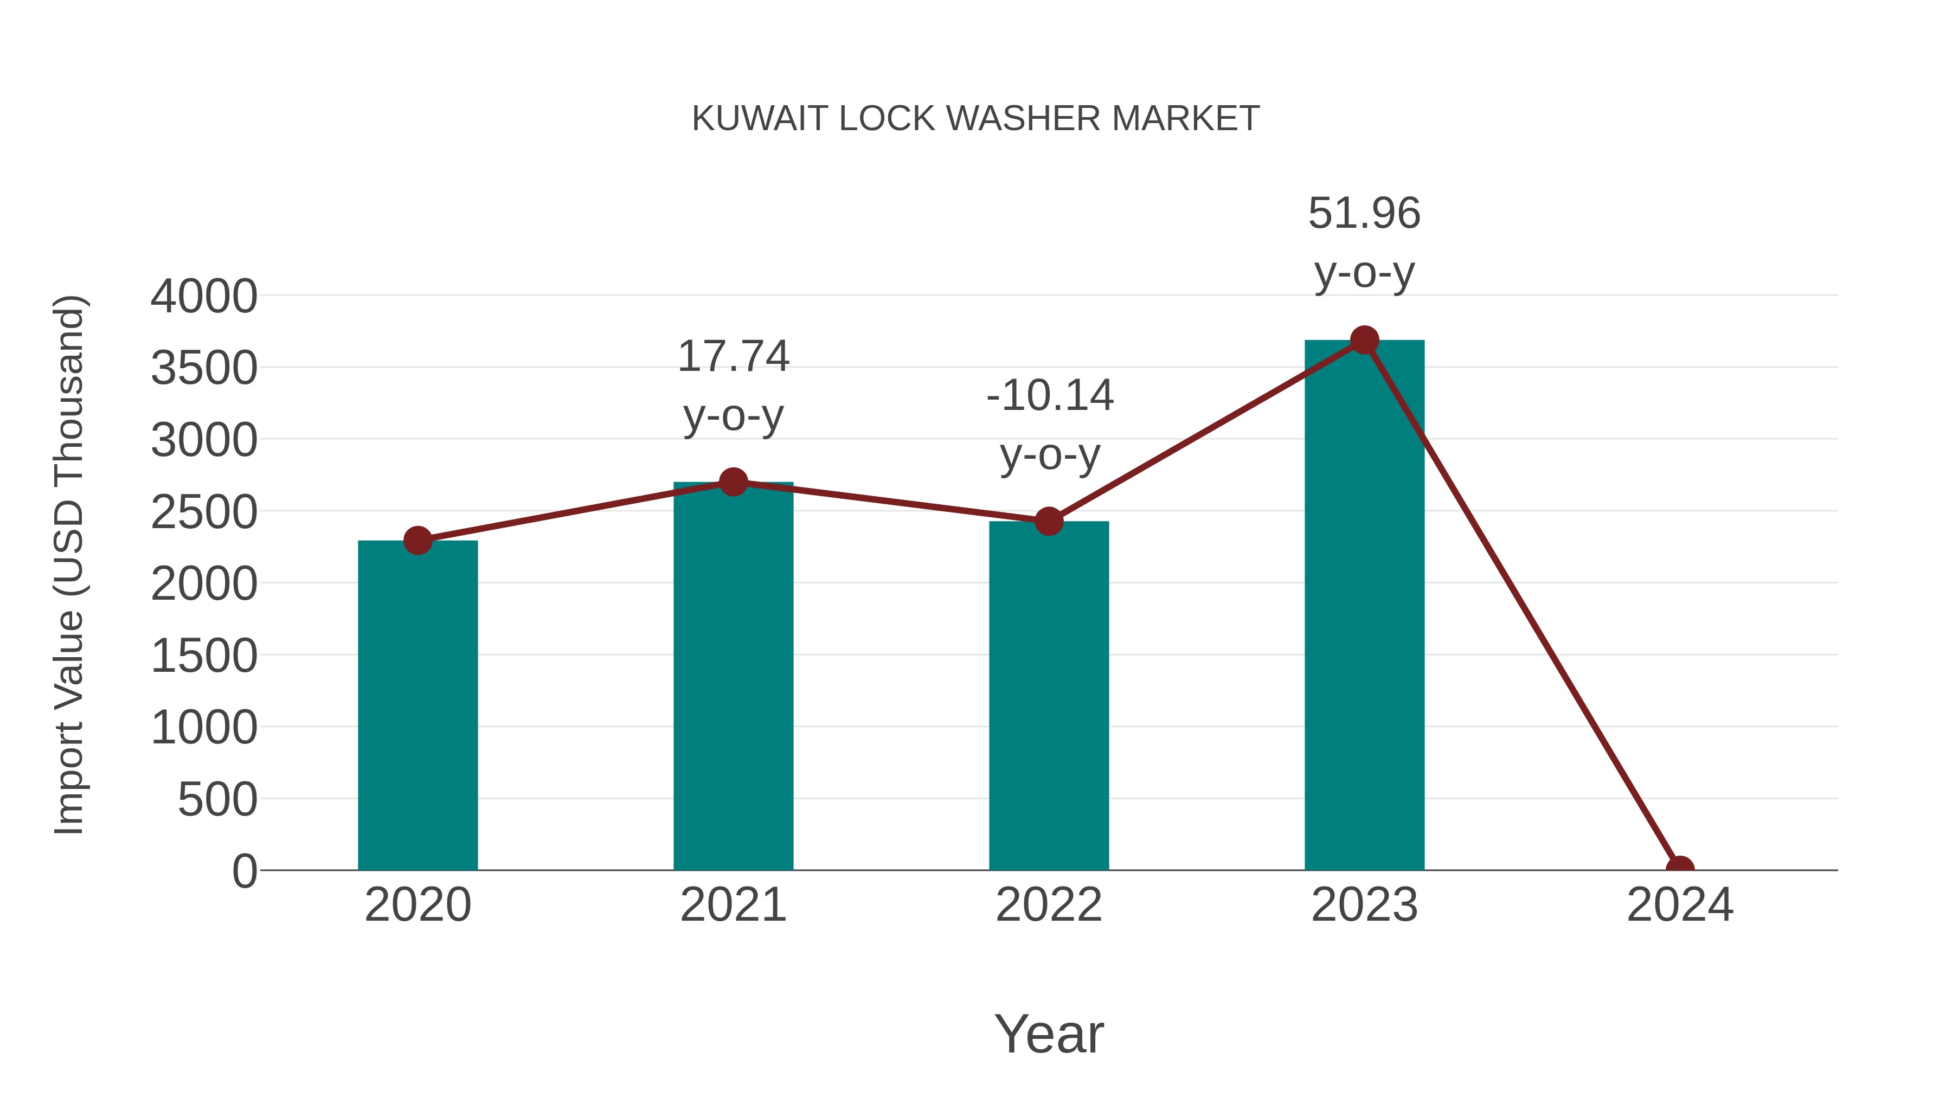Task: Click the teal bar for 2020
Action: click(x=418, y=705)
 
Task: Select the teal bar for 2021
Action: click(x=733, y=675)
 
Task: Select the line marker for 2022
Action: click(x=1049, y=521)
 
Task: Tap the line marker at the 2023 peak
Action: click(x=1364, y=340)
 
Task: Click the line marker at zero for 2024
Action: click(x=1680, y=869)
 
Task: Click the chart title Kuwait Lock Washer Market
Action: click(x=975, y=118)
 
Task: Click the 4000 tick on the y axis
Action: click(x=204, y=296)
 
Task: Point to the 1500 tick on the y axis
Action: click(x=204, y=656)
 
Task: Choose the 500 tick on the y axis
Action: click(x=217, y=799)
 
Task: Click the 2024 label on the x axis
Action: click(x=1680, y=905)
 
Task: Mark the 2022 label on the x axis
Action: click(x=1049, y=905)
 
